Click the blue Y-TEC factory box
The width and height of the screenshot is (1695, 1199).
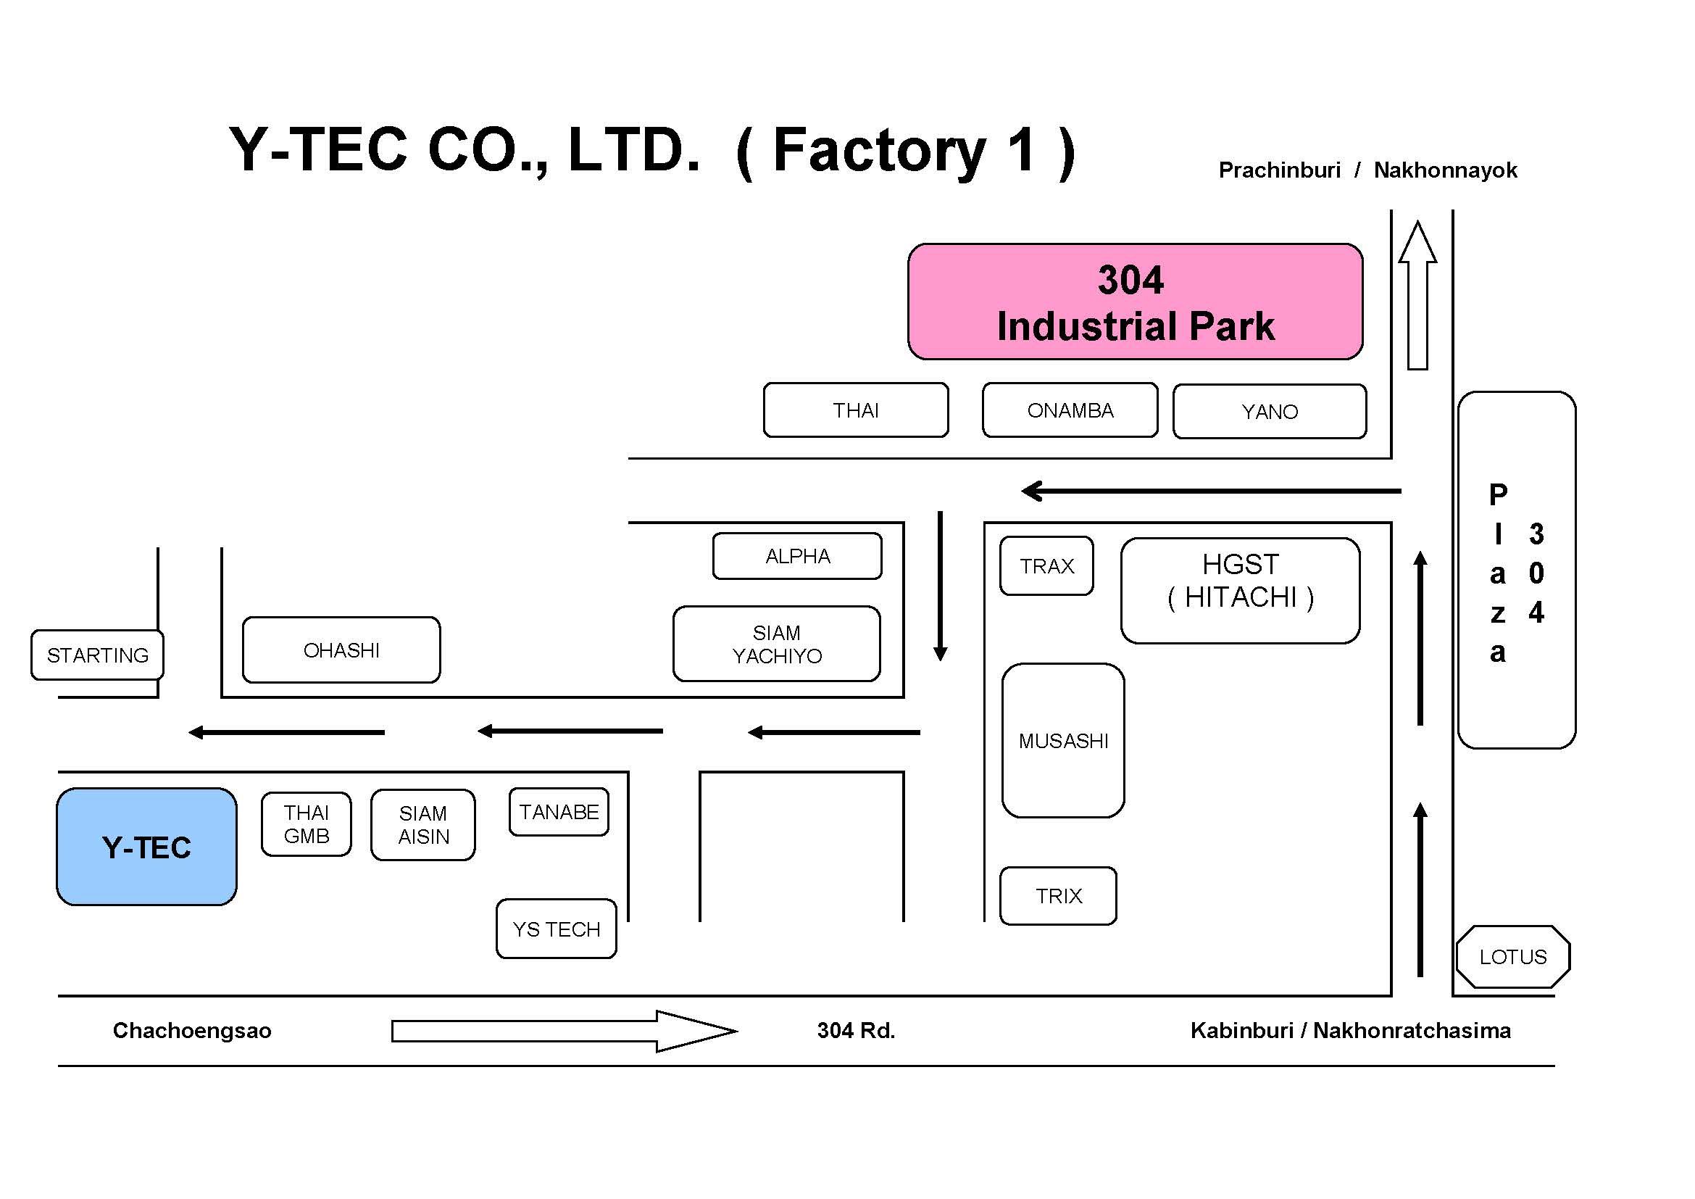pyautogui.click(x=146, y=846)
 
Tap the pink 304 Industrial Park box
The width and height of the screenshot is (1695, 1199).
pyautogui.click(x=1135, y=302)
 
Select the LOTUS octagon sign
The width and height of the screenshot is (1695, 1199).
pyautogui.click(x=1512, y=956)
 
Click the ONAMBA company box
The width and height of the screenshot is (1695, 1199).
pyautogui.click(x=1070, y=410)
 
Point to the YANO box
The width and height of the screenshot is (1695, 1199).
pyautogui.click(x=1269, y=411)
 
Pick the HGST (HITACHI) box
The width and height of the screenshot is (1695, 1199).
pyautogui.click(x=1239, y=590)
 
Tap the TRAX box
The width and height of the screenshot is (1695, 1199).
pyautogui.click(x=1046, y=565)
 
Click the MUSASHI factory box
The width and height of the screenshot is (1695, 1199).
pyautogui.click(x=1062, y=740)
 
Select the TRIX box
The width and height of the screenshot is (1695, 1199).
pyautogui.click(x=1057, y=895)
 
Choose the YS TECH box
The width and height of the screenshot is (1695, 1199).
pyautogui.click(x=556, y=928)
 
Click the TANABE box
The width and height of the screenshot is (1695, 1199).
pyautogui.click(x=559, y=811)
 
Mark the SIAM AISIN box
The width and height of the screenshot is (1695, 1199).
pyautogui.click(x=423, y=824)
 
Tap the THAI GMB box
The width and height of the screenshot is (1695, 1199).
pyautogui.click(x=307, y=824)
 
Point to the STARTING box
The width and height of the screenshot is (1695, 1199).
pyautogui.click(x=97, y=654)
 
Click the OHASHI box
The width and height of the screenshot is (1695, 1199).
pyautogui.click(x=341, y=650)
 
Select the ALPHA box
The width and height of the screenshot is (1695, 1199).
pyautogui.click(x=797, y=555)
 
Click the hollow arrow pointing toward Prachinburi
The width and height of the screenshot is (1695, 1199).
pyautogui.click(x=1417, y=295)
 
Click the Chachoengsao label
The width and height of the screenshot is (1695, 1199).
pyautogui.click(x=192, y=1030)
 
